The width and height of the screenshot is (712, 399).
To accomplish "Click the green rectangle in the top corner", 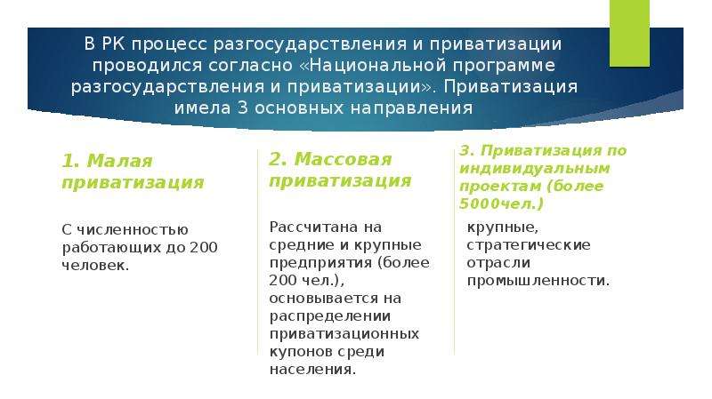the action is (629, 33).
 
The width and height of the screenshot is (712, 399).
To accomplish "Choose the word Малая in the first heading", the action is (119, 161).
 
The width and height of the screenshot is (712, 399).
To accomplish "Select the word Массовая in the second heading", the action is (343, 160).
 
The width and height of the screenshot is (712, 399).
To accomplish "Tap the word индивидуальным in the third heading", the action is (535, 169).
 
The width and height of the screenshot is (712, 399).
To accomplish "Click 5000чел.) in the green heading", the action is (501, 203).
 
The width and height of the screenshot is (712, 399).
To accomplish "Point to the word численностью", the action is (132, 230).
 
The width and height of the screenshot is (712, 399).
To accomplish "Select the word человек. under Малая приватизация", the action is (96, 265).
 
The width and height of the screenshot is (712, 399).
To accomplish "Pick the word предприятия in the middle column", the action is (320, 263).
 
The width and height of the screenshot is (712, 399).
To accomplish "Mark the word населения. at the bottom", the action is (312, 370).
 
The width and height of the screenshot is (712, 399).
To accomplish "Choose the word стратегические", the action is (529, 245).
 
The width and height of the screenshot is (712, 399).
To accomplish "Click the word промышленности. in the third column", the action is (538, 281).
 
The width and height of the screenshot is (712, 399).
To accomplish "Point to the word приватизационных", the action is (344, 335).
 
